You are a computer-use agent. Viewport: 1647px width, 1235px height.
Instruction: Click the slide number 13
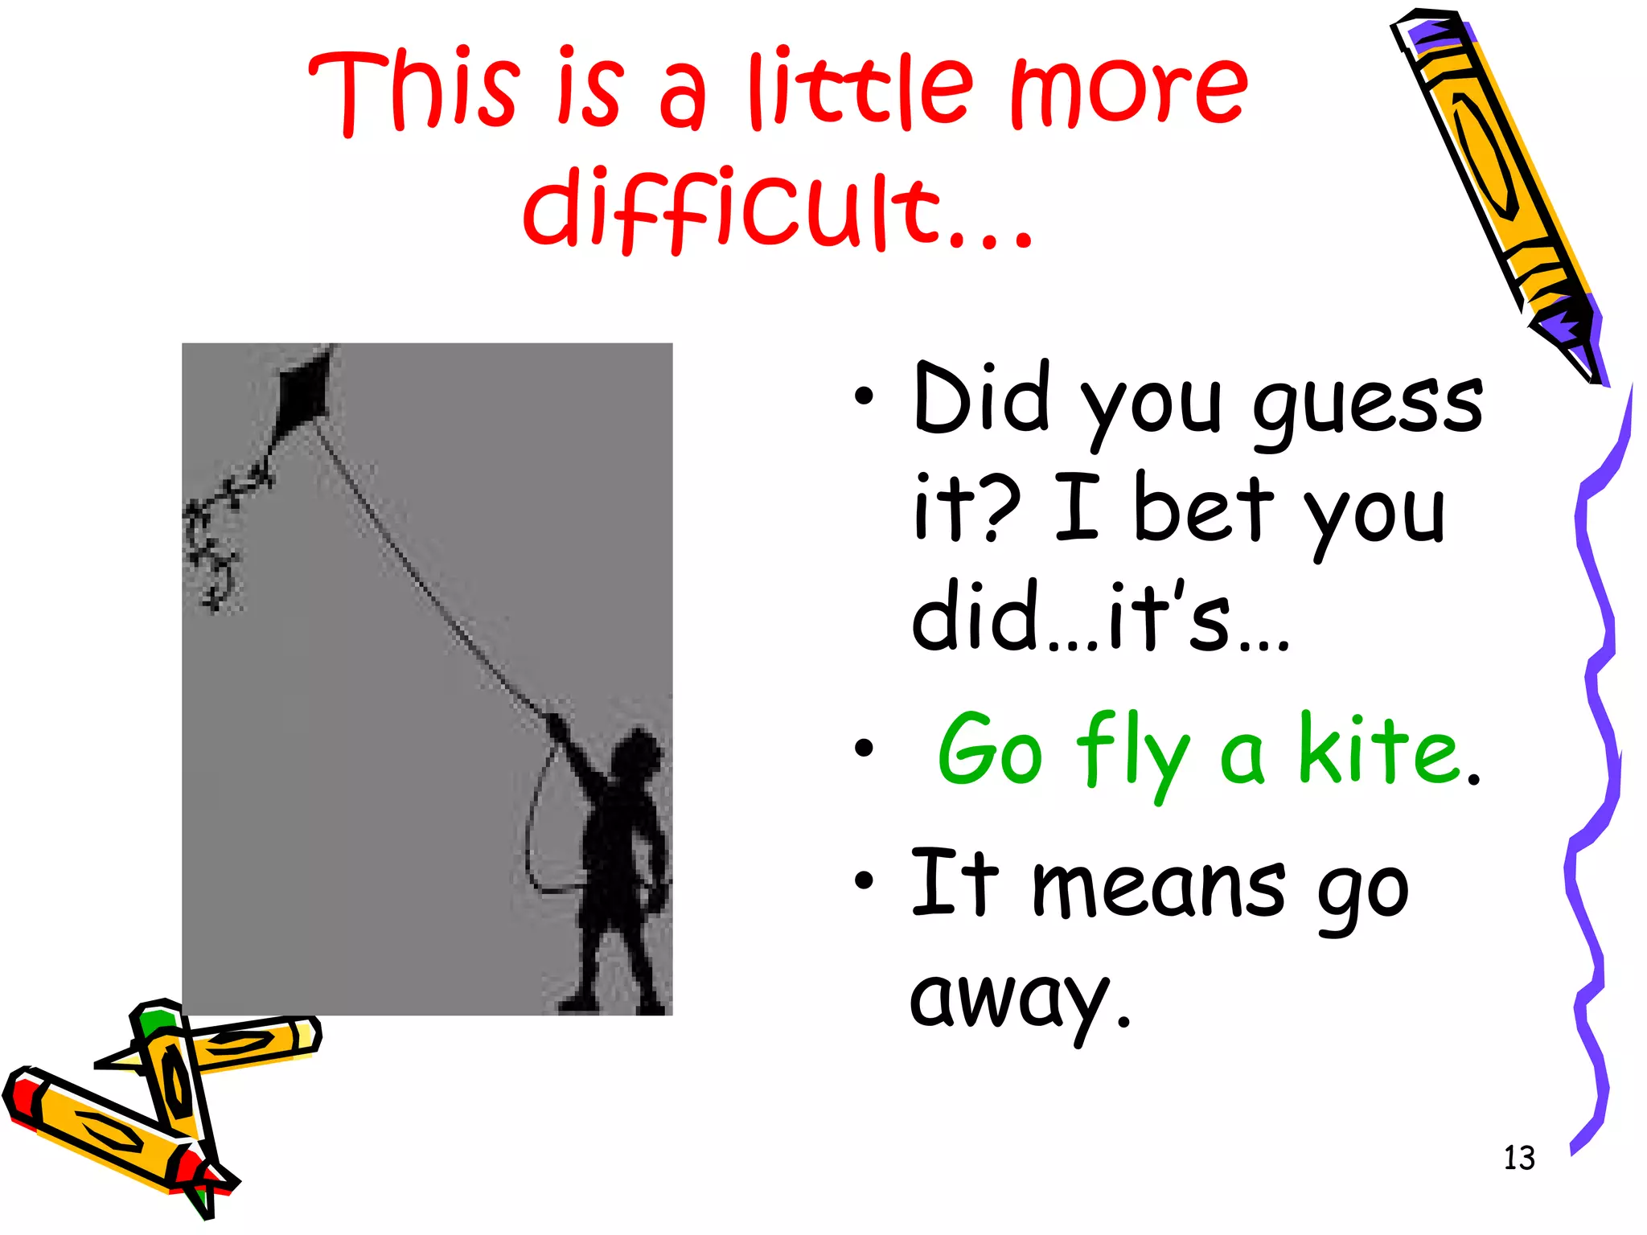pyautogui.click(x=1518, y=1158)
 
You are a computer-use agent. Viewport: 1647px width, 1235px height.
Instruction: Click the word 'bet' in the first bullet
pyautogui.click(x=1203, y=508)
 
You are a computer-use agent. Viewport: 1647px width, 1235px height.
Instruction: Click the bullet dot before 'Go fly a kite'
pyautogui.click(x=864, y=749)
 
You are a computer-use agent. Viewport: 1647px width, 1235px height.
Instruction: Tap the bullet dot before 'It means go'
pyautogui.click(x=864, y=881)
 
